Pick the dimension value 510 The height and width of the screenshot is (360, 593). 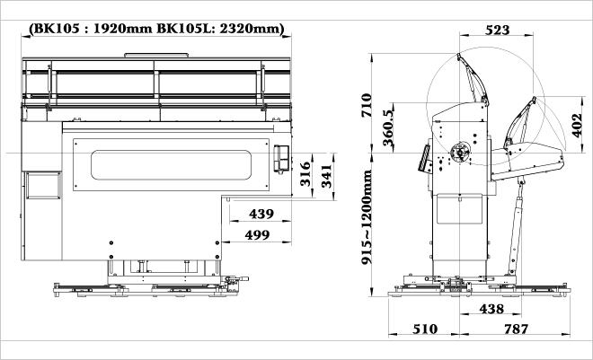(x=427, y=329)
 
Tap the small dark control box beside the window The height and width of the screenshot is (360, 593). (x=282, y=160)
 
